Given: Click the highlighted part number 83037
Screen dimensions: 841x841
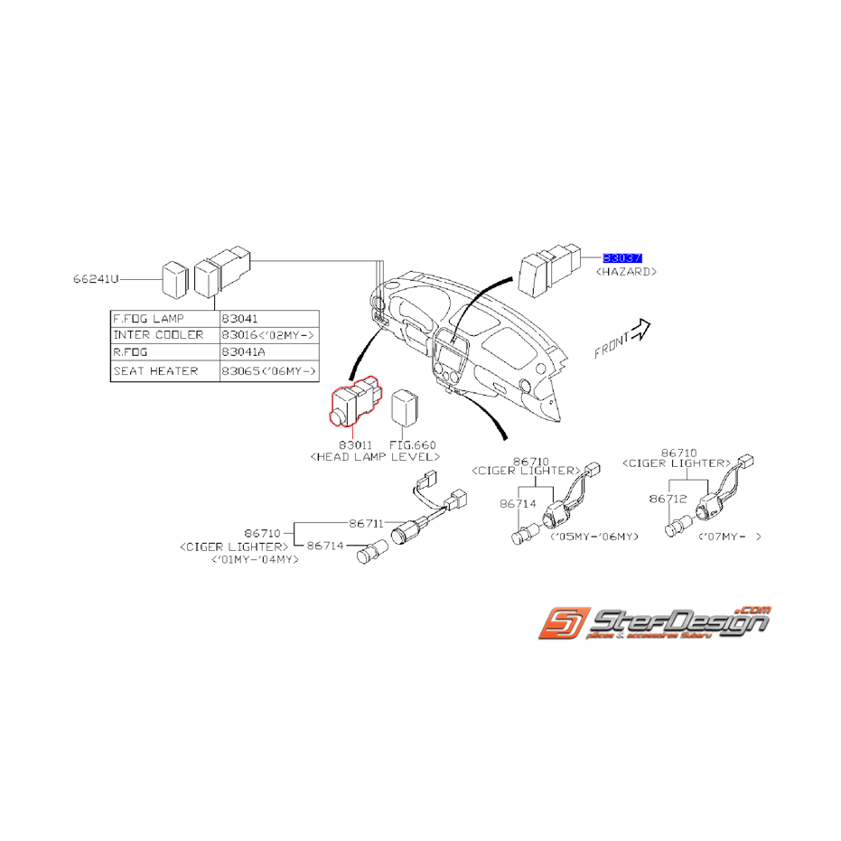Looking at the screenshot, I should [622, 257].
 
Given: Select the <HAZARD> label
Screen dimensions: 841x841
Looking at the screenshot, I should [626, 271].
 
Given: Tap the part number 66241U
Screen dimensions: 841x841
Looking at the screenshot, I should [97, 279].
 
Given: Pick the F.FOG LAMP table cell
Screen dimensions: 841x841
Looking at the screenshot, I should [164, 319].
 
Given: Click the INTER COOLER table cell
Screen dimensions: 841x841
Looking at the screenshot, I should [164, 336].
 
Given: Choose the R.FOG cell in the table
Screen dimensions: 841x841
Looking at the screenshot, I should [164, 353].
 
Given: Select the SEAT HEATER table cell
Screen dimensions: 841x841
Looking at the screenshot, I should [164, 371].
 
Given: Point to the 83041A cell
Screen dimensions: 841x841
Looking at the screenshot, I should [269, 353].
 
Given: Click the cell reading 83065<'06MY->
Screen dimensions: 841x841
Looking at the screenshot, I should [269, 371].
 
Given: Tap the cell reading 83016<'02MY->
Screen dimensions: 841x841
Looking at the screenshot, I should [269, 336].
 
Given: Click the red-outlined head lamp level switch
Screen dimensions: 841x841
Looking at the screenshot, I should [354, 405].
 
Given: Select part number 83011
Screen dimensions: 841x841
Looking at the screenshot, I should [356, 445].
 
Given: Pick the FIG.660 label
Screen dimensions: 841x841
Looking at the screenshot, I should [412, 445].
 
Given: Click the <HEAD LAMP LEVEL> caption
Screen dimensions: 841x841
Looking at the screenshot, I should [374, 458].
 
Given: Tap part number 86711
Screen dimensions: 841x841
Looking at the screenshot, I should [367, 522].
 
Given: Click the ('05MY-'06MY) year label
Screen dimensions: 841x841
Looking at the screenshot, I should [593, 537].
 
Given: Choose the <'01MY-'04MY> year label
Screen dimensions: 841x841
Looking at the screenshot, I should [256, 559].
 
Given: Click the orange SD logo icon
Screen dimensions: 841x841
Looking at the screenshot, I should [560, 624].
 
